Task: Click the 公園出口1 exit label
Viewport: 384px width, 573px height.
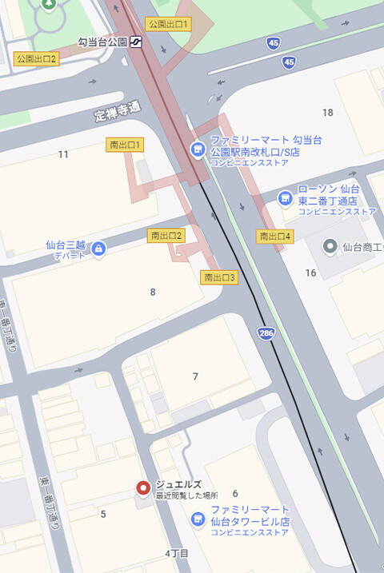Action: coord(167,24)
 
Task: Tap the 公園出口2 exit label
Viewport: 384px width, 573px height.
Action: coord(37,59)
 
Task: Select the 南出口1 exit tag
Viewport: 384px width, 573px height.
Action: coord(126,145)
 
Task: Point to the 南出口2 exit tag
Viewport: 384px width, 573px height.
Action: coord(166,235)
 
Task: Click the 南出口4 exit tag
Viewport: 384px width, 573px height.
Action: coord(275,236)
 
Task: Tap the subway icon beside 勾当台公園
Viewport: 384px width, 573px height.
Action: coord(138,42)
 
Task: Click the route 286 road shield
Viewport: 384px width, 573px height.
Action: coord(266,332)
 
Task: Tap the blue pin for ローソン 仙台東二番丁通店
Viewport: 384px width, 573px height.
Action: coord(285,197)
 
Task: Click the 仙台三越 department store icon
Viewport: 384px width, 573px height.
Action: coord(98,249)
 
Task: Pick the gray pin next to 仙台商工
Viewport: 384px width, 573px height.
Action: coord(329,245)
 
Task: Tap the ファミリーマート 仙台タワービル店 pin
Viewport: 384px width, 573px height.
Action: coord(198,519)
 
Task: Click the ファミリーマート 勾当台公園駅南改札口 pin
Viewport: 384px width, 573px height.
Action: coord(197,149)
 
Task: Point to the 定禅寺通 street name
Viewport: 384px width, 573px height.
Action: coord(117,111)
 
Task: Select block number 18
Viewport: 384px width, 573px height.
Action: coord(327,113)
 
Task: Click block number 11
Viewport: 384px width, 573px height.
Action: coord(63,153)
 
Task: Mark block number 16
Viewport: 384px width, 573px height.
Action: coord(311,273)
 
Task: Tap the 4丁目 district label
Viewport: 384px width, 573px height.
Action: coord(177,553)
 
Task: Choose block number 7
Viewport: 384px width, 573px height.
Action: coord(195,376)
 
